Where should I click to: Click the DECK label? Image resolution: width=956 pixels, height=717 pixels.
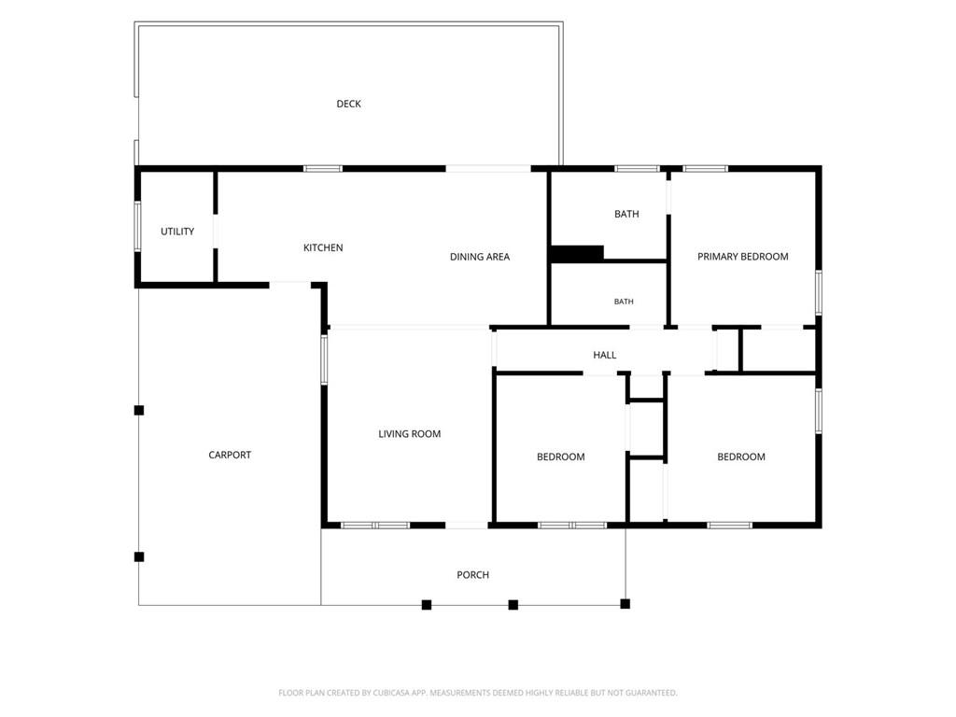[349, 105]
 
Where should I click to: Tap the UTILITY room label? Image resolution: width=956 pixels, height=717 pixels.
[177, 232]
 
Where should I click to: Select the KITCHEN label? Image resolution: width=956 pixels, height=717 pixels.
[323, 247]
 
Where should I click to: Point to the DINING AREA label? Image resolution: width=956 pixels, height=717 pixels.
[480, 257]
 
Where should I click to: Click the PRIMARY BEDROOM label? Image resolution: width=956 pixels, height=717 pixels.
[742, 257]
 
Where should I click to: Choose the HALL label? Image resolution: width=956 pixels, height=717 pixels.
[605, 355]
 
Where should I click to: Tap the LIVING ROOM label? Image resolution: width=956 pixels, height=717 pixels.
[410, 434]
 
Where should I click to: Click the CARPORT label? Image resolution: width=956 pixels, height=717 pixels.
[230, 455]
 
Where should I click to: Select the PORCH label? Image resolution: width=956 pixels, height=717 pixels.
[473, 575]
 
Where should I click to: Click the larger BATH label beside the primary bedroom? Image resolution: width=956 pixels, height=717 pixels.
[626, 214]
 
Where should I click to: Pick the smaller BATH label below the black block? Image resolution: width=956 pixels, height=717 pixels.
[624, 302]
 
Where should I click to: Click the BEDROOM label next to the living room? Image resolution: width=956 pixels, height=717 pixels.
[561, 457]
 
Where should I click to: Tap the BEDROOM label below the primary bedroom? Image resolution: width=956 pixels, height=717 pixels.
[741, 457]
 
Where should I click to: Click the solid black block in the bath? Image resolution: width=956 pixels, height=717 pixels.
[577, 253]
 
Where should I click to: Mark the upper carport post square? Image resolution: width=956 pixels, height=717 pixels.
[139, 411]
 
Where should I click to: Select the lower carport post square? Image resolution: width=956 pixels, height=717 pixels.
[139, 556]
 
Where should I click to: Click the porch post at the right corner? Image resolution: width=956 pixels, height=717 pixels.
[625, 604]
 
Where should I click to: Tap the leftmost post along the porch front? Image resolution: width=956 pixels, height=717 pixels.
[427, 605]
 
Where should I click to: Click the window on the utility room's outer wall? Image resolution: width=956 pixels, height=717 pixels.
[137, 226]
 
